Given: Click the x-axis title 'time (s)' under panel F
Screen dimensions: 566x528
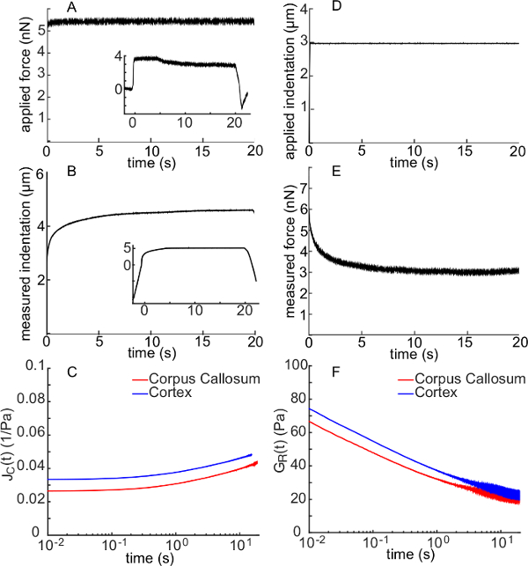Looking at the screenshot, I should point(414,558).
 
